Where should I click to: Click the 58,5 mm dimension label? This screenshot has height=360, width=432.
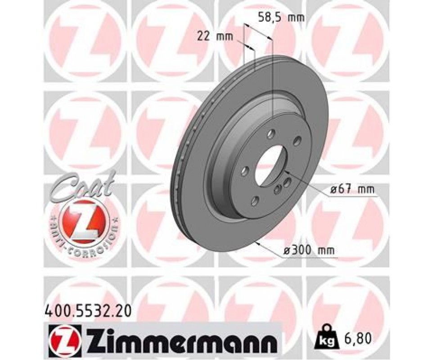click(281, 18)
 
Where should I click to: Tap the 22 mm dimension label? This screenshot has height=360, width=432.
click(215, 36)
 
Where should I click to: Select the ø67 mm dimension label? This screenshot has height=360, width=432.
click(352, 189)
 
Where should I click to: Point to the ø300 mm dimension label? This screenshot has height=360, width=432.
click(309, 250)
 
